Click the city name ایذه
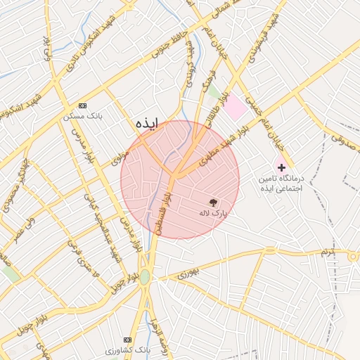pos(147,124)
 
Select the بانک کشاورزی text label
pos(128,349)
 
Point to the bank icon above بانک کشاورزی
pos(127,338)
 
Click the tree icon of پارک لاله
pos(214,201)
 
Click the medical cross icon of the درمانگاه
pos(281,168)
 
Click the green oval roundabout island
pos(145,277)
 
